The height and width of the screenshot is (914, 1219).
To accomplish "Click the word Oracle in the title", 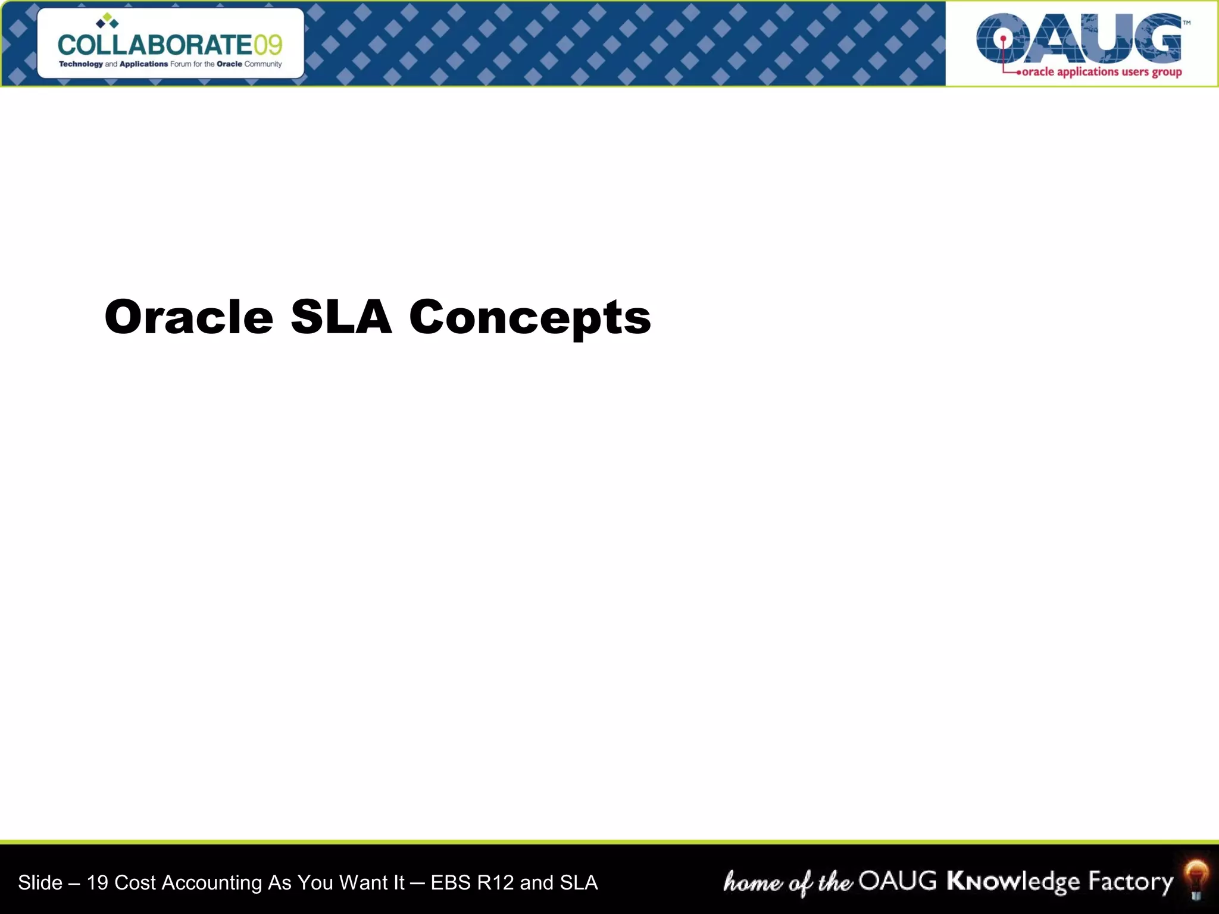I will tap(189, 317).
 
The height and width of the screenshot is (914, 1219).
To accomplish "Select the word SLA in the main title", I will tap(341, 317).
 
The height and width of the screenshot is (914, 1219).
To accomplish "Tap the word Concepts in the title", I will tap(530, 318).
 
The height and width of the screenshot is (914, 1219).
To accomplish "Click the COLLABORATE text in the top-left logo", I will tap(155, 45).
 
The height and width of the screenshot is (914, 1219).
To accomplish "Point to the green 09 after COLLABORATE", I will tap(267, 45).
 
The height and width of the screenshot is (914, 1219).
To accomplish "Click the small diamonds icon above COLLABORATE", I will tap(107, 21).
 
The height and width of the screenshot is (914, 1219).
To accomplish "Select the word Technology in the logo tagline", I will tap(80, 64).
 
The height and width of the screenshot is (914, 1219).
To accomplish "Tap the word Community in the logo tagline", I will tap(262, 64).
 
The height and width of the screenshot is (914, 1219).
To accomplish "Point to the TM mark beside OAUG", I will tap(1186, 23).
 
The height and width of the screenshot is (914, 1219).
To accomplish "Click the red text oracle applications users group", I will tap(1101, 72).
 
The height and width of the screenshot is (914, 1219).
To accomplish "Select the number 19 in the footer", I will tap(98, 882).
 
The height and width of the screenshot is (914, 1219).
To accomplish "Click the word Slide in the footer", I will tap(40, 882).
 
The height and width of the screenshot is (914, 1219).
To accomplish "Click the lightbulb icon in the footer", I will tap(1196, 879).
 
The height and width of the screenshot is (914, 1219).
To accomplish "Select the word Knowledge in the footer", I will tap(1012, 882).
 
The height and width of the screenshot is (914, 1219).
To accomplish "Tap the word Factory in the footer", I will tap(1130, 882).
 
